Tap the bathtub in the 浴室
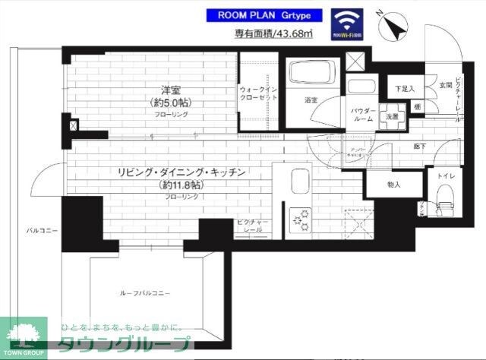tap(311, 75)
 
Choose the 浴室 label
tap(311, 100)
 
